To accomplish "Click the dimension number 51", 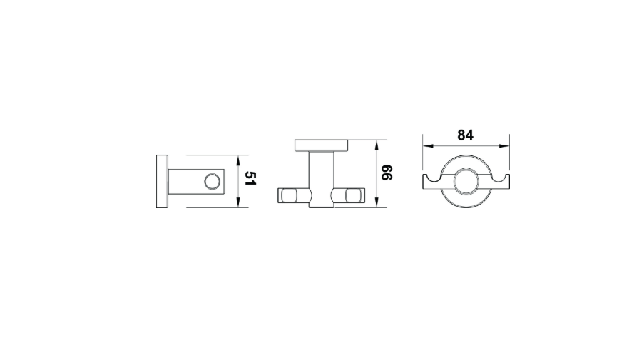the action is point(250,178).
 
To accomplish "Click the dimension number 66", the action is point(387,173).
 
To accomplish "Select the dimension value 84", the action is point(465,135).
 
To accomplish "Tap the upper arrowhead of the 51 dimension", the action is point(237,160).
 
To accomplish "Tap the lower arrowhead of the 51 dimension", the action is point(237,202).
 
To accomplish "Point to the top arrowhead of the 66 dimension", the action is point(377,145).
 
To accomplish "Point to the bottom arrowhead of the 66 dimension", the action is point(377,202).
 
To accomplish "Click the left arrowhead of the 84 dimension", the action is point(429,145).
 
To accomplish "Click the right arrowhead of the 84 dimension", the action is point(504,145).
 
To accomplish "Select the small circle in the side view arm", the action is point(213,182).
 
